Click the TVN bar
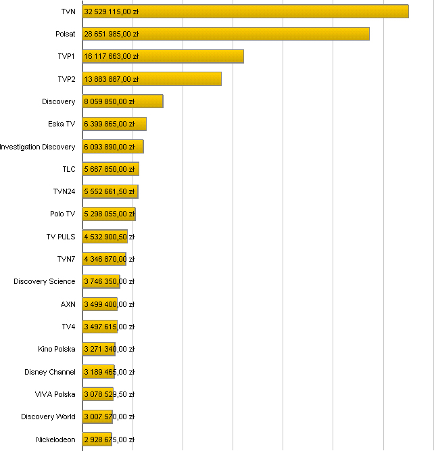click(245, 11)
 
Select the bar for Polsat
click(226, 34)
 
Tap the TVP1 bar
click(163, 56)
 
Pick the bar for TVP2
click(151, 79)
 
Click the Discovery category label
click(58, 101)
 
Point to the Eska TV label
click(62, 124)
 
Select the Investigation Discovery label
click(38, 147)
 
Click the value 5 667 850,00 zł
click(110, 169)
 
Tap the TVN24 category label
click(64, 191)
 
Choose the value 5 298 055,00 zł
click(110, 214)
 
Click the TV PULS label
click(61, 237)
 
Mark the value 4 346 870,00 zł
click(110, 259)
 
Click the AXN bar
click(100, 304)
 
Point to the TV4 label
click(68, 327)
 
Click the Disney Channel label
click(50, 372)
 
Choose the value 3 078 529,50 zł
click(110, 394)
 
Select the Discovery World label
click(48, 417)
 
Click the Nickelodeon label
click(55, 440)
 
